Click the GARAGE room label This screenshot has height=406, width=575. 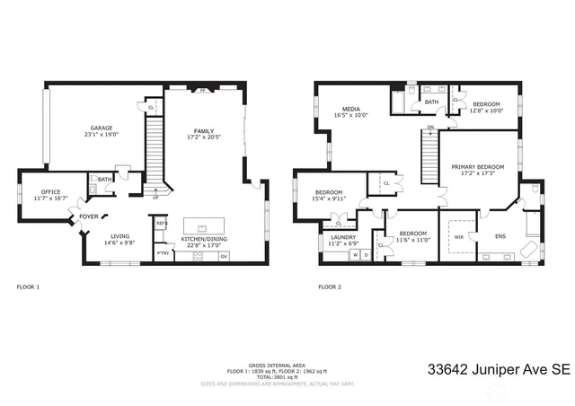[101, 128]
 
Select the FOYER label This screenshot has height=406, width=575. [89, 216]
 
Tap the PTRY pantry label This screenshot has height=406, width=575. [163, 254]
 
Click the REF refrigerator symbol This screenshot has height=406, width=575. [162, 223]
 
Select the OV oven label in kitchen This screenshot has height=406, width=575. [224, 256]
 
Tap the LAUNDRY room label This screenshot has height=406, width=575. [343, 237]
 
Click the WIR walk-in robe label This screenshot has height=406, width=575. [459, 237]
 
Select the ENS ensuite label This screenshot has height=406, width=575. [500, 236]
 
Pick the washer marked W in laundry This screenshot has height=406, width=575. [355, 256]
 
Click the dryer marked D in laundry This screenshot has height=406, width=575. [367, 256]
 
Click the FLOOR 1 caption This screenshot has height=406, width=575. [29, 287]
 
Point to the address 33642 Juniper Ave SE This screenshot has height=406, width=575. [499, 369]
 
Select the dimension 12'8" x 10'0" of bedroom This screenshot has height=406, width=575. [487, 110]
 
